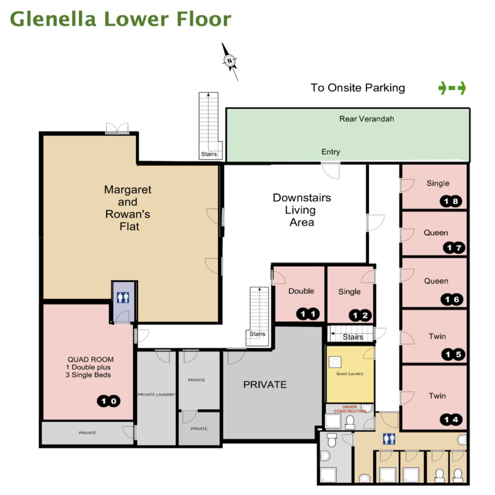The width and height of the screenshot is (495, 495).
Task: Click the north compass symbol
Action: point(229,61)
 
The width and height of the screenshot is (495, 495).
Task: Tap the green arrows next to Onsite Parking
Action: point(452,88)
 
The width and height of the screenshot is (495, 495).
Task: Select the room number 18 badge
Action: point(451,201)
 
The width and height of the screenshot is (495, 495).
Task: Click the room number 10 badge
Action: point(108,401)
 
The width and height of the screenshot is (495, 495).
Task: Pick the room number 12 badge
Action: point(360,316)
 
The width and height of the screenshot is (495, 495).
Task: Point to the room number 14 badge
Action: point(451,420)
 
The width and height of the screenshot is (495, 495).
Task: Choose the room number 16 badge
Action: point(452,299)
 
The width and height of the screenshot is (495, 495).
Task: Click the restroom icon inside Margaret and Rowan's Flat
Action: point(123,297)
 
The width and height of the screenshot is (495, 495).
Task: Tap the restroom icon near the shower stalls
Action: point(389,439)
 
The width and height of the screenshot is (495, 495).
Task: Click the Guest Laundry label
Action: point(350,374)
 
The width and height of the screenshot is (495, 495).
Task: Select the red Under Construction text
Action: point(350,409)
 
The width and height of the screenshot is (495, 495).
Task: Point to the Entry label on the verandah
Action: point(330,152)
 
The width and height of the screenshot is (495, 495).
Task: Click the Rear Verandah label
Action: point(367,119)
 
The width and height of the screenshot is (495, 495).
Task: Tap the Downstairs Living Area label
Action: point(302,210)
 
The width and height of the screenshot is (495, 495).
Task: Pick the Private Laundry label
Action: point(156,395)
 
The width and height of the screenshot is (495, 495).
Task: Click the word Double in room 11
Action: point(301,291)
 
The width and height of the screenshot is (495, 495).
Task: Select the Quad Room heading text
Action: point(90,359)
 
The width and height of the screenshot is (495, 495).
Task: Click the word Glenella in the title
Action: point(53,19)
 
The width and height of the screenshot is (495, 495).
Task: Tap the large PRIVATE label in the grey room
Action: point(265,384)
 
